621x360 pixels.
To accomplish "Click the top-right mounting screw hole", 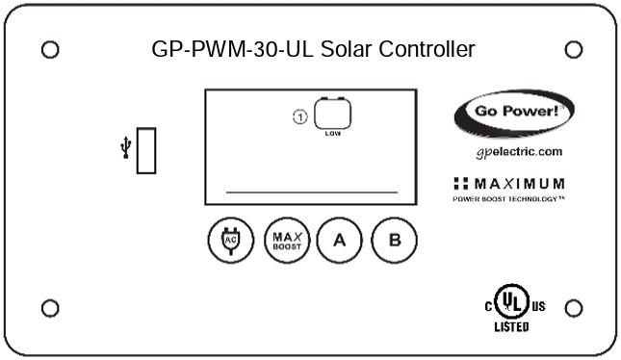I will point(572,49).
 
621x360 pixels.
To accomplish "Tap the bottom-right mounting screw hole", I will point(573,308).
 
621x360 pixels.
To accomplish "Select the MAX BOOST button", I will point(282,240).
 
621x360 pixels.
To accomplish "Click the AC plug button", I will point(229,240).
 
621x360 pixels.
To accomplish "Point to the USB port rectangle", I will point(146,149).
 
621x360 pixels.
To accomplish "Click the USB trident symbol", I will point(124,148).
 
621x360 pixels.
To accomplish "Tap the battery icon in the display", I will point(332,114).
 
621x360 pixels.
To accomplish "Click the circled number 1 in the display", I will point(299,117).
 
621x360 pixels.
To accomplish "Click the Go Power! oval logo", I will point(513,114).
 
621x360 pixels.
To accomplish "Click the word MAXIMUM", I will point(520,183).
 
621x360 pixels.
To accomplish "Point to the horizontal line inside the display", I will point(311,192).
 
